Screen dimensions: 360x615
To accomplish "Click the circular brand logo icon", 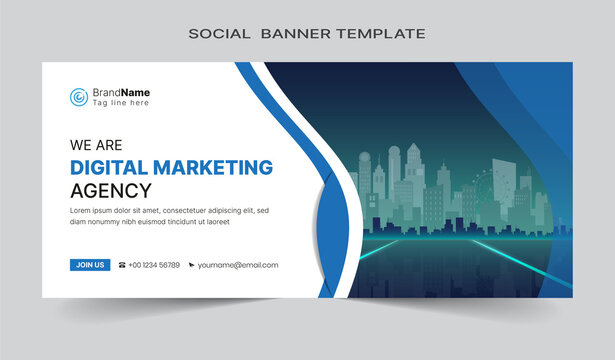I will click(x=79, y=97).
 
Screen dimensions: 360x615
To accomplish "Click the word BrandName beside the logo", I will click(x=121, y=92).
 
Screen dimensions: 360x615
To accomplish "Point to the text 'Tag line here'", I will click(x=120, y=103).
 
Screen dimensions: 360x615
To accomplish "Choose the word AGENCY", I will click(x=111, y=190).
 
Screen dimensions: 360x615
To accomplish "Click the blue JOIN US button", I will click(x=90, y=265).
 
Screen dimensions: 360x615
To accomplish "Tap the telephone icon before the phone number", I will click(x=122, y=265).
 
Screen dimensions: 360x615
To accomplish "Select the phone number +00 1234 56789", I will click(x=154, y=265).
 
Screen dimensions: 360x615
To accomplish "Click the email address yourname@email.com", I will click(x=238, y=265).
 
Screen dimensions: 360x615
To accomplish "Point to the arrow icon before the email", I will click(x=190, y=265).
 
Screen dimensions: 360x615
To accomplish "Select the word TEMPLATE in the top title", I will click(x=384, y=34).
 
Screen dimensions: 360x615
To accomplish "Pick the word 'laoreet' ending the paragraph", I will click(x=244, y=222).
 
